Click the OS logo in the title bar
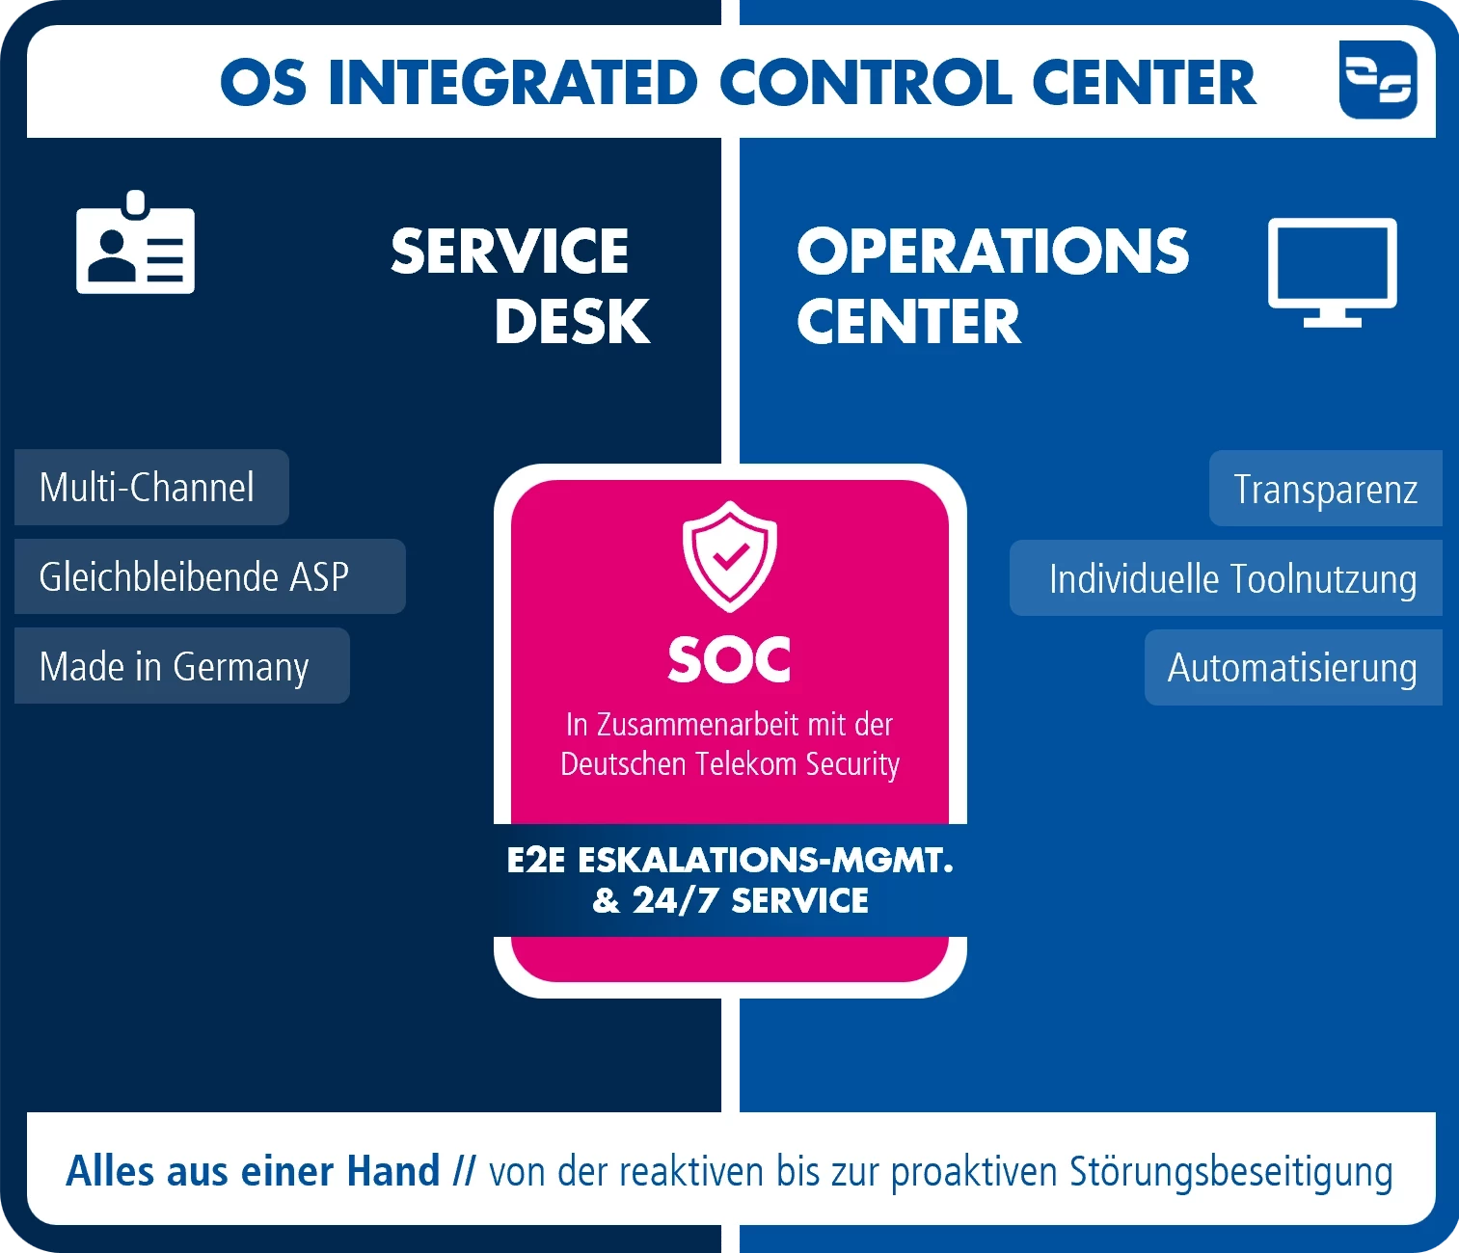click(x=1378, y=80)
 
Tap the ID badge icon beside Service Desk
click(x=136, y=242)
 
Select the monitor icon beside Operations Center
click(x=1332, y=273)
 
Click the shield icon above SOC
click(x=729, y=556)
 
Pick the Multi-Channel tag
click(x=151, y=488)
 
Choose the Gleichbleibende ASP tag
click(x=209, y=576)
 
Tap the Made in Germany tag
click(x=182, y=665)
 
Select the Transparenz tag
click(x=1326, y=489)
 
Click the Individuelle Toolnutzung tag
click(x=1226, y=577)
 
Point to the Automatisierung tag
click(x=1293, y=667)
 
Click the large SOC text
click(x=729, y=659)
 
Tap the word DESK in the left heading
click(x=572, y=322)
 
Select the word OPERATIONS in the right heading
click(x=992, y=251)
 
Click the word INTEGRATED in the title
click(x=513, y=83)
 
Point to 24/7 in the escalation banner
click(x=675, y=900)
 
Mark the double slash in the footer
click(x=464, y=1171)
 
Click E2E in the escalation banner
click(x=536, y=860)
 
